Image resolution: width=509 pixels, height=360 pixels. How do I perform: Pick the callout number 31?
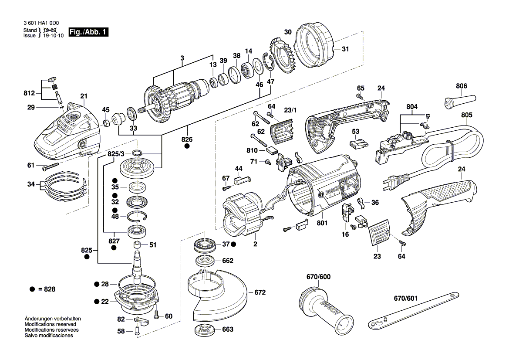point(345,49)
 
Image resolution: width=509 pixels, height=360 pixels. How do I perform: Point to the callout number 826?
point(187,139)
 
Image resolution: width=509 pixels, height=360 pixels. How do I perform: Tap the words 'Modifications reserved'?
point(51,325)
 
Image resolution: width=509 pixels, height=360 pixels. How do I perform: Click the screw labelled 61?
point(51,166)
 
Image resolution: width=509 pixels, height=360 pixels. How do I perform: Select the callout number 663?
point(228,329)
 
